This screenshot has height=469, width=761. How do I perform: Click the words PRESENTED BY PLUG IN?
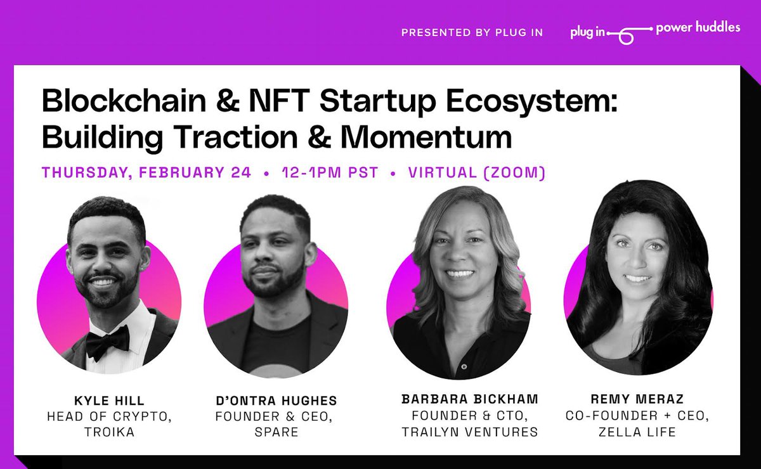(472, 32)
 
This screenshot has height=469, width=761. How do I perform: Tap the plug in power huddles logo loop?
(625, 36)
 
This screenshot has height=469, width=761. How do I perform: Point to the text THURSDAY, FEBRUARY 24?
(146, 172)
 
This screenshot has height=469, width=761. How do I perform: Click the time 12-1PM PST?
(330, 172)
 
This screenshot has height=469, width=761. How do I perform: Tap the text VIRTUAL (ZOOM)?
(476, 172)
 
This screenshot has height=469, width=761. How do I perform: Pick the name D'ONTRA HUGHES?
(276, 401)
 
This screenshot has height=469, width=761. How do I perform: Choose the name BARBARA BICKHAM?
(469, 399)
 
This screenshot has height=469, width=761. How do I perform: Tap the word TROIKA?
(109, 432)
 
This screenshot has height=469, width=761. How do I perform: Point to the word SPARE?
(276, 433)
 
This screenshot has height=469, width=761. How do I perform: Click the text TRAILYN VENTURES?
(469, 432)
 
